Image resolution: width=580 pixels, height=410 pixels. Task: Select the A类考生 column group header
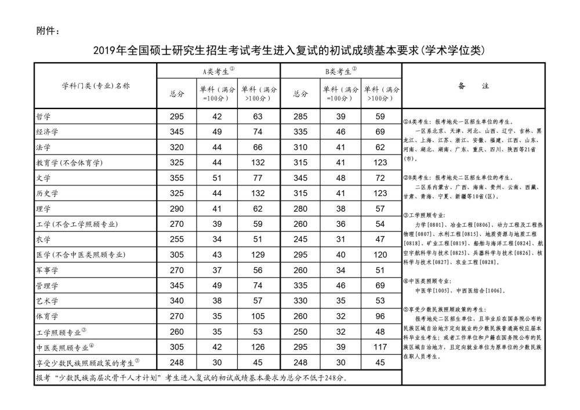click(x=217, y=71)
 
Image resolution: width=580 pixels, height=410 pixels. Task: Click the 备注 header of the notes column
click(x=473, y=86)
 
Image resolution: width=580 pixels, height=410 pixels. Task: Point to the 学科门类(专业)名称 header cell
click(x=96, y=86)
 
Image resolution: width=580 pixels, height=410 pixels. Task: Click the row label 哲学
click(x=43, y=117)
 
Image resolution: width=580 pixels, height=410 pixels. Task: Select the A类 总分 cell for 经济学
click(x=177, y=132)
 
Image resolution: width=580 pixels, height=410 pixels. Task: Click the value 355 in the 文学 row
click(x=177, y=177)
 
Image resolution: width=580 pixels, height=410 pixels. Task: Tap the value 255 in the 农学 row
click(x=177, y=238)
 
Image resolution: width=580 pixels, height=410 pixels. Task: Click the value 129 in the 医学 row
click(x=259, y=254)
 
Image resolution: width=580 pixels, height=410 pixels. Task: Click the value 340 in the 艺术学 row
click(x=177, y=300)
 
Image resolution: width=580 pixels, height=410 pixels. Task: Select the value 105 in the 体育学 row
click(x=259, y=316)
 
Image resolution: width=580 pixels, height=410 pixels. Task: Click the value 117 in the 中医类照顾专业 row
click(x=380, y=347)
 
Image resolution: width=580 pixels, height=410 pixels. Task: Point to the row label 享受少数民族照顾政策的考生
click(x=87, y=362)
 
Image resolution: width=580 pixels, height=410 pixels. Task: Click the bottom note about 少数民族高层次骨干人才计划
click(x=191, y=378)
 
